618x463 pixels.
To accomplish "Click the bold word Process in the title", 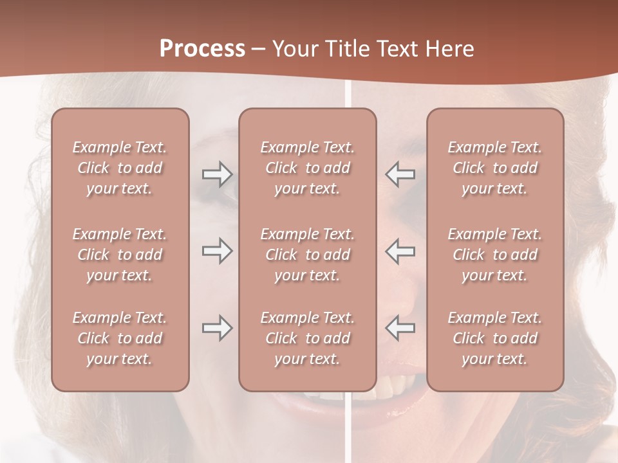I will coord(202,49).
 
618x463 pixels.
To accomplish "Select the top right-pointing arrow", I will coord(217,174).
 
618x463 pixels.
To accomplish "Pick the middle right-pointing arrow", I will coord(217,251).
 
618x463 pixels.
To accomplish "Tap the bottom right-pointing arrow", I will coord(217,328).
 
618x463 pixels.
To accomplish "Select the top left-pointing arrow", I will coord(400,174).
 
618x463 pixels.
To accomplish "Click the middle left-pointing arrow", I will coord(400,251).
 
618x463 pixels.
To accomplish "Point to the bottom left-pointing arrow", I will coord(400,328).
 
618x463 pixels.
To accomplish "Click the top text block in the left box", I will coord(120,168).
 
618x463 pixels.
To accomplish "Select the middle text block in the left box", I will coord(120,255).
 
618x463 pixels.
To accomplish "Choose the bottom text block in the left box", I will coord(120,338).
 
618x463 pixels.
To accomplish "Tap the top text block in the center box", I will coord(307,168).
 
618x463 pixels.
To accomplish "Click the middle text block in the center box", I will coord(307,255).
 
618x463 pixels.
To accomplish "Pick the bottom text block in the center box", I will coord(307,338).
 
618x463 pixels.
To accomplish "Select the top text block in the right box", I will coord(494,168).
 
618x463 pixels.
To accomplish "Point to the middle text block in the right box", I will coord(494,255).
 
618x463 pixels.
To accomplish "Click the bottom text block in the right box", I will coord(494,338).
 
